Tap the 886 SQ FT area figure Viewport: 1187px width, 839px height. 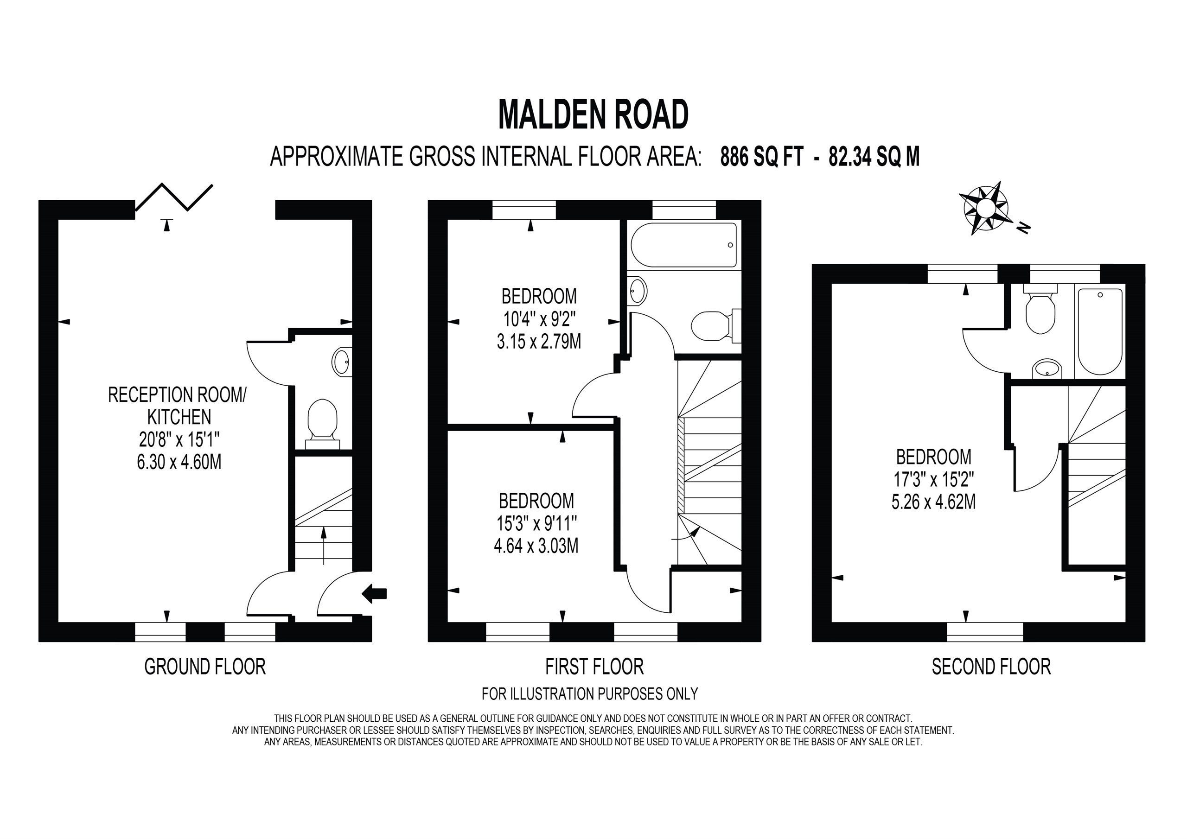pyautogui.click(x=761, y=157)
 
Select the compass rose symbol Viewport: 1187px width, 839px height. pyautogui.click(x=985, y=209)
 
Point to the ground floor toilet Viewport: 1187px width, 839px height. pyautogui.click(x=323, y=422)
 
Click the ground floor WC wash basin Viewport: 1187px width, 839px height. pyautogui.click(x=341, y=362)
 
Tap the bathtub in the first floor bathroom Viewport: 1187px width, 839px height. pyautogui.click(x=683, y=245)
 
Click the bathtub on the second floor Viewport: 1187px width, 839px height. pyautogui.click(x=1100, y=331)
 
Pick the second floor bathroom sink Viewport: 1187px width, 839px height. pyautogui.click(x=1047, y=369)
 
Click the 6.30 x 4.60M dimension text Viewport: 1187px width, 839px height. pyautogui.click(x=179, y=462)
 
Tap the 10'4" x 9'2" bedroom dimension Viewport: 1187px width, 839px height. pyautogui.click(x=539, y=319)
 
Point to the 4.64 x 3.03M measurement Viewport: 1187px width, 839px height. pyautogui.click(x=536, y=546)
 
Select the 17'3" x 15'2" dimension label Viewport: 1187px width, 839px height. pyautogui.click(x=934, y=480)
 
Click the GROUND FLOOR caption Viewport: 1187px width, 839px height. pyautogui.click(x=205, y=667)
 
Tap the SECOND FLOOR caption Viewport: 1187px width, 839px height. pyautogui.click(x=991, y=667)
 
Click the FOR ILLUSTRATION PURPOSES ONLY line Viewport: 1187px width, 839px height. pyautogui.click(x=589, y=693)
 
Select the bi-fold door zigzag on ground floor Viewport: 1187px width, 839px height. pyautogui.click(x=174, y=197)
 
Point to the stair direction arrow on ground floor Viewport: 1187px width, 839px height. pyautogui.click(x=324, y=544)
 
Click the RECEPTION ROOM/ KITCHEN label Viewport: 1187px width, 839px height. pyautogui.click(x=177, y=405)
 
